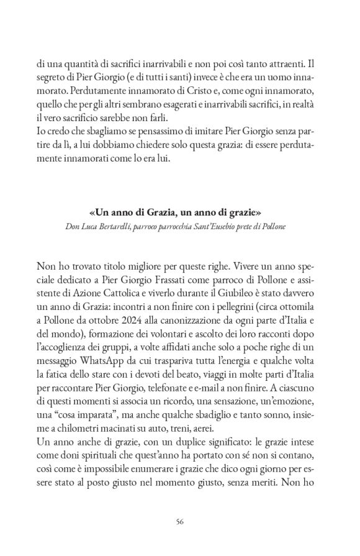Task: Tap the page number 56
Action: [x=179, y=522]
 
